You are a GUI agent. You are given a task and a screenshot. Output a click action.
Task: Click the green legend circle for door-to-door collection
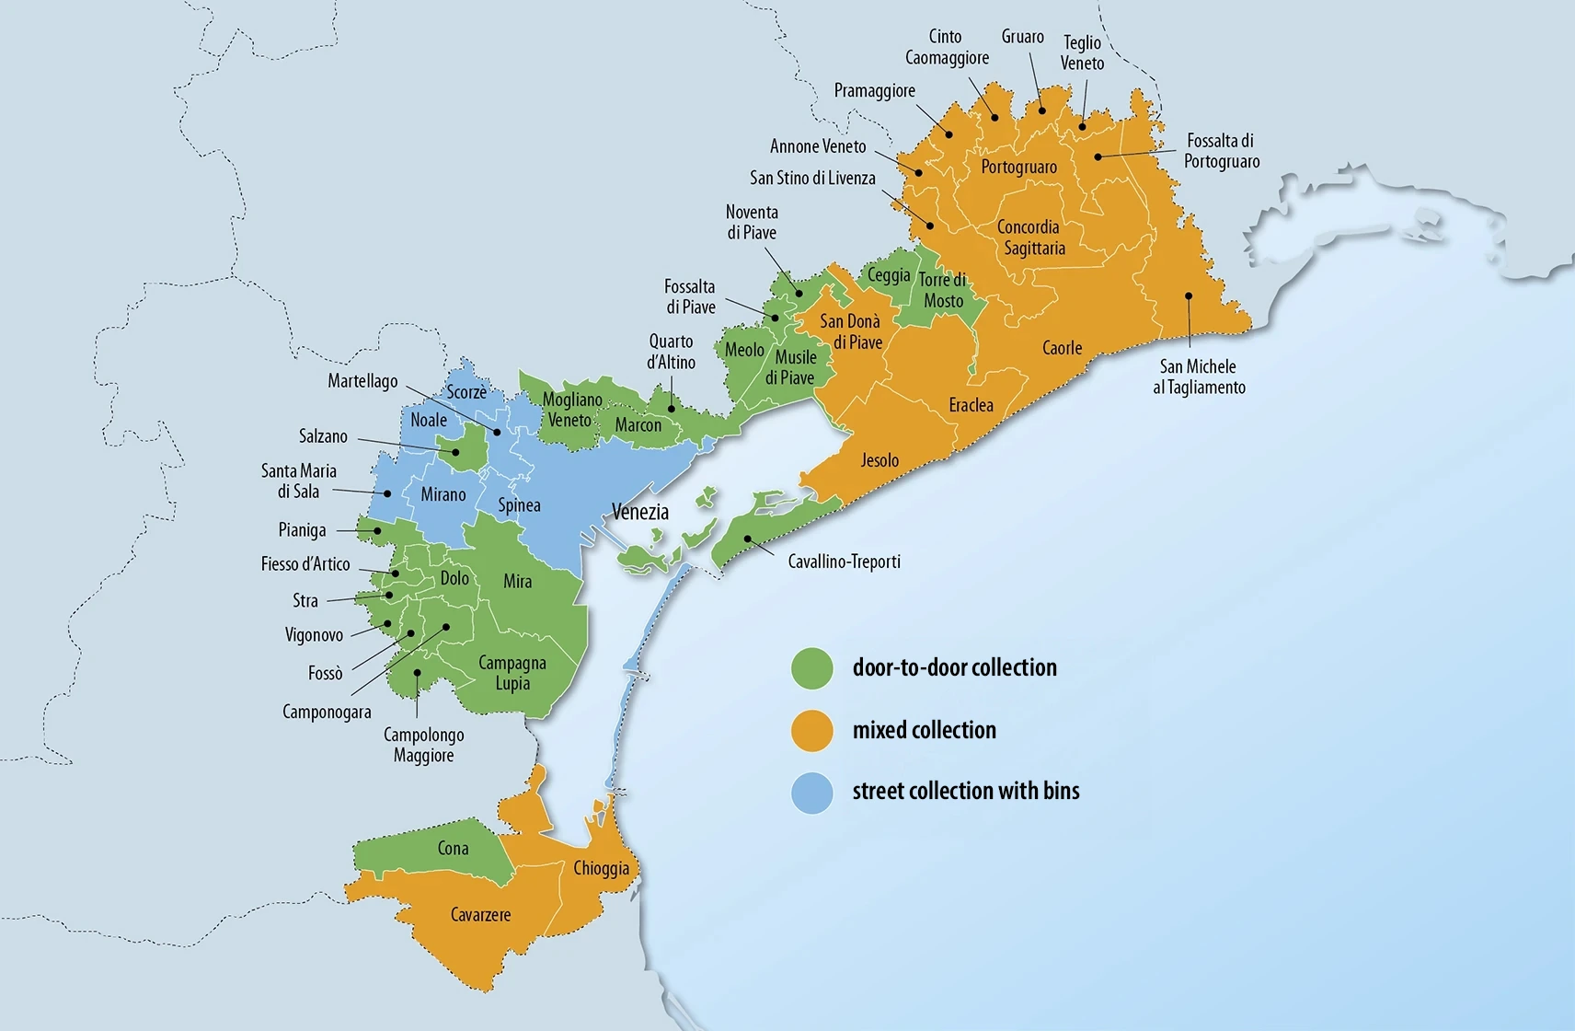pyautogui.click(x=812, y=668)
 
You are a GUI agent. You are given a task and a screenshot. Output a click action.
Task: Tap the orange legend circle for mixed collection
pyautogui.click(x=812, y=731)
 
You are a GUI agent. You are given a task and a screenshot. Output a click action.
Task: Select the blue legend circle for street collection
pyautogui.click(x=812, y=792)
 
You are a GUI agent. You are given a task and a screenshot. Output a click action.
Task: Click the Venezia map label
pyautogui.click(x=640, y=512)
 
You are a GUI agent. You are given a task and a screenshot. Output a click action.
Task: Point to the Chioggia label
pyautogui.click(x=602, y=868)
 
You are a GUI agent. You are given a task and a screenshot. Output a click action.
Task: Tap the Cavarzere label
pyautogui.click(x=480, y=915)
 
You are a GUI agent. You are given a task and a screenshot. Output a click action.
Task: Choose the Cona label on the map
pyautogui.click(x=453, y=849)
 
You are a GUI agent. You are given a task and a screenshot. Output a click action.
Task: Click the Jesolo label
pyautogui.click(x=879, y=460)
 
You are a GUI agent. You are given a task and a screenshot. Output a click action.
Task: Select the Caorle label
pyautogui.click(x=1062, y=348)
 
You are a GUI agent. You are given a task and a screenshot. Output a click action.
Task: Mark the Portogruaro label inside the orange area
pyautogui.click(x=1018, y=168)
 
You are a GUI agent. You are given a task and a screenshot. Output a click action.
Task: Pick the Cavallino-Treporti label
pyautogui.click(x=844, y=562)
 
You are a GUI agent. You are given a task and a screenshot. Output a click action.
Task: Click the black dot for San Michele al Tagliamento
pyautogui.click(x=1189, y=296)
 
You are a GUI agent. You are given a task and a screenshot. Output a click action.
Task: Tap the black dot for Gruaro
pyautogui.click(x=1042, y=110)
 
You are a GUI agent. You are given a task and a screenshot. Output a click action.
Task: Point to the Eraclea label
pyautogui.click(x=971, y=405)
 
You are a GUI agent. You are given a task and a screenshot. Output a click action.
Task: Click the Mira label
pyautogui.click(x=517, y=581)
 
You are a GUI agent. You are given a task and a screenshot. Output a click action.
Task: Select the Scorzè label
pyautogui.click(x=466, y=392)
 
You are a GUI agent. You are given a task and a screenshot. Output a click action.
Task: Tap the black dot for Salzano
pyautogui.click(x=455, y=452)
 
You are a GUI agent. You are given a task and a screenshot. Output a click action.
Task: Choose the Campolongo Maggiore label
pyautogui.click(x=423, y=745)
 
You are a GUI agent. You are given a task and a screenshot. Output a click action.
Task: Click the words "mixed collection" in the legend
pyautogui.click(x=924, y=731)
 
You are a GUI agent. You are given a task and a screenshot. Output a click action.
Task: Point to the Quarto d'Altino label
pyautogui.click(x=671, y=352)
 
